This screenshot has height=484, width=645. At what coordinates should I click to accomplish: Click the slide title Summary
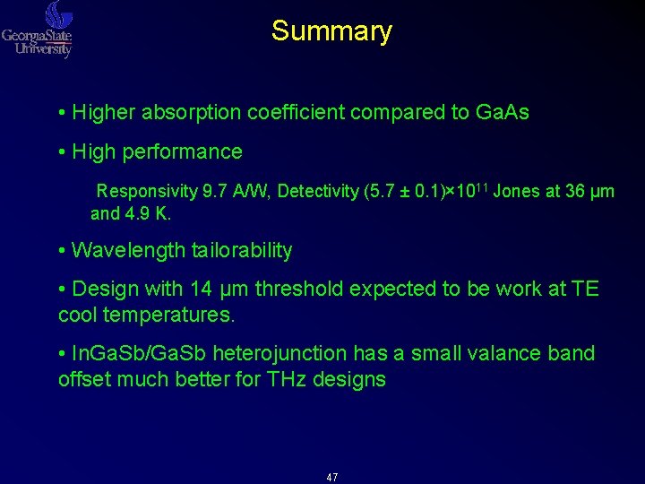coord(331,31)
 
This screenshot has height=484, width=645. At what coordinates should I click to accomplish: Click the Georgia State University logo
coord(38,30)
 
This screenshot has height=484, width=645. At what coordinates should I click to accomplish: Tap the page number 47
coord(332,477)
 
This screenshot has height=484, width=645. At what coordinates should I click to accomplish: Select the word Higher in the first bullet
coord(100,113)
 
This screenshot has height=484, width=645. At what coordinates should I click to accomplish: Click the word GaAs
coord(503,113)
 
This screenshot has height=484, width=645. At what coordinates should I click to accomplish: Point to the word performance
coord(187,152)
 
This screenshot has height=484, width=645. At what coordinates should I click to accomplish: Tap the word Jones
coord(517,191)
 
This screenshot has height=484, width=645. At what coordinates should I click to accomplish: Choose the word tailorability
coord(242,251)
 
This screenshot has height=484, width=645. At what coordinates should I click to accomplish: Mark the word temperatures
coord(176,316)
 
